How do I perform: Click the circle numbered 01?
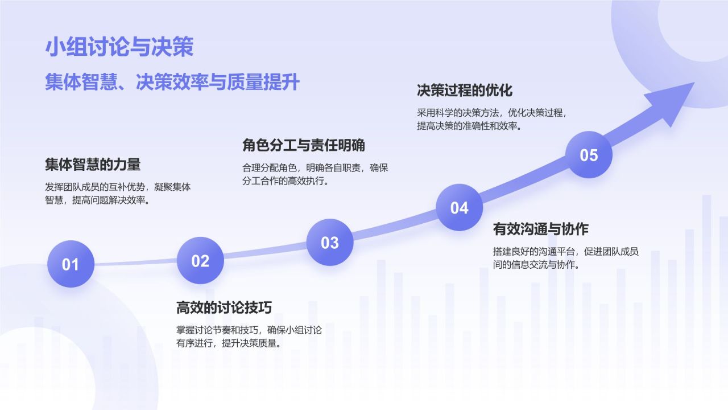[71, 264]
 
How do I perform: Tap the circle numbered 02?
[200, 261]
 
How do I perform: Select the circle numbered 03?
[330, 243]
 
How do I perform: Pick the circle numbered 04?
[459, 208]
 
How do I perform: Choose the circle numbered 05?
[589, 155]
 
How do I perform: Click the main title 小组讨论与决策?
[119, 47]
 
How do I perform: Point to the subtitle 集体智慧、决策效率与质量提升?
[172, 83]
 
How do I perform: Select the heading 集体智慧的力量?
[93, 165]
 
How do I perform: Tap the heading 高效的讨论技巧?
[224, 307]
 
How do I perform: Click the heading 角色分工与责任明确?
[304, 146]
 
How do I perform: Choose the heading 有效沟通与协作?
[540, 229]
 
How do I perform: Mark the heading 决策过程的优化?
[465, 91]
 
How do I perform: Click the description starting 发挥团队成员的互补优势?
[118, 194]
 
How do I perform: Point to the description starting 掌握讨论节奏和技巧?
[249, 337]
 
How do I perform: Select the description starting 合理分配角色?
[315, 174]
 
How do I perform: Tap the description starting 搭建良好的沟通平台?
[565, 258]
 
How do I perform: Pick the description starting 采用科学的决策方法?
[491, 119]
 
